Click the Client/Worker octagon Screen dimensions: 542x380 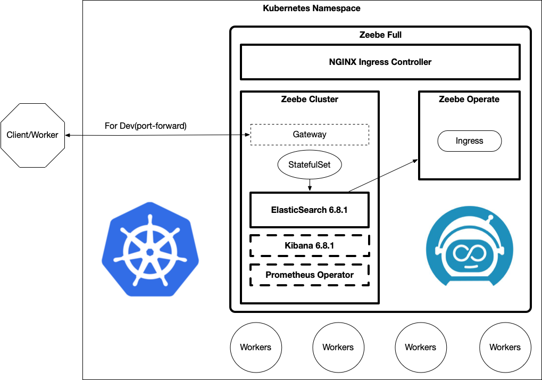(x=32, y=135)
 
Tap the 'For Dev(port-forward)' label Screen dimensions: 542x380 (x=146, y=126)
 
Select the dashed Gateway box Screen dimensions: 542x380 (x=310, y=135)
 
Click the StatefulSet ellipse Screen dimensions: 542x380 (x=310, y=164)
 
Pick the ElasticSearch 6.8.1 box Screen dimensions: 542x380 (x=310, y=210)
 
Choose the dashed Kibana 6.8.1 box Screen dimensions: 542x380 (x=310, y=245)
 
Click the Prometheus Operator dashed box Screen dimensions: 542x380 (x=310, y=275)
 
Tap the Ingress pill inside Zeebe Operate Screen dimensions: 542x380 (x=470, y=141)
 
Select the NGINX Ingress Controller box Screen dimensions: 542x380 (x=380, y=62)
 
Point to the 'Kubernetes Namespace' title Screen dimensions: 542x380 (x=312, y=9)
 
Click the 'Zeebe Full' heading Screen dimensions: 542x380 (x=380, y=35)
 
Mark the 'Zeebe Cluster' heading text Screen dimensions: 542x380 (x=310, y=99)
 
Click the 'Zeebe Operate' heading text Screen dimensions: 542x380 (x=469, y=99)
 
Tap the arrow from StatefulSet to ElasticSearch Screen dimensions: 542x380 (x=310, y=185)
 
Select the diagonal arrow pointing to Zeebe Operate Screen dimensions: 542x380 (x=383, y=175)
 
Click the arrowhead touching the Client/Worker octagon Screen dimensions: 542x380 (x=68, y=135)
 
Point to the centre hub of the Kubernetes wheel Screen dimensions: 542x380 (x=150, y=252)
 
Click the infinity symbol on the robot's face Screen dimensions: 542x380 (x=470, y=253)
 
